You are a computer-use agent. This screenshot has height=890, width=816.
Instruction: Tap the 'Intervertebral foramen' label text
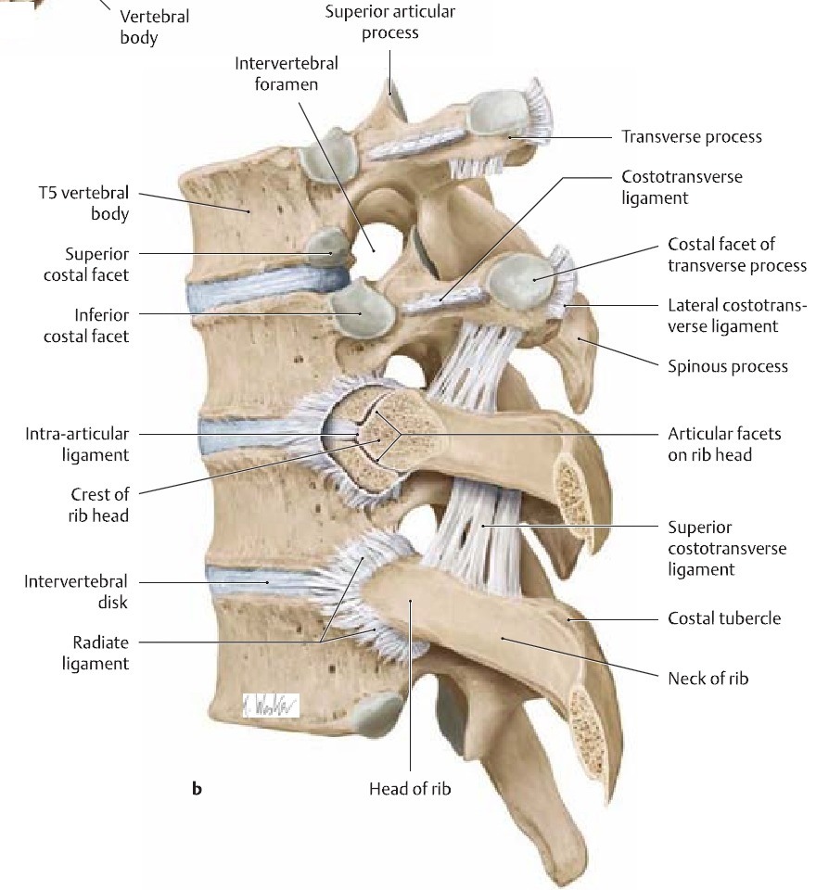tap(287, 73)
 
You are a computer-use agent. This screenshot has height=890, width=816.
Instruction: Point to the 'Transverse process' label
tap(691, 137)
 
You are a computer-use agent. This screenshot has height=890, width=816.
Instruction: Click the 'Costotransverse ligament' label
tap(682, 186)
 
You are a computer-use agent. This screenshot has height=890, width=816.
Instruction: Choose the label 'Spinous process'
tap(728, 366)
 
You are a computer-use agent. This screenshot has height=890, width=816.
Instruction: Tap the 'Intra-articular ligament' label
tap(77, 444)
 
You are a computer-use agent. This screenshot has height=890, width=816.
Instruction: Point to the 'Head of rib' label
tap(410, 790)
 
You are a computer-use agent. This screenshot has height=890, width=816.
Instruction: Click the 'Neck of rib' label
tap(708, 679)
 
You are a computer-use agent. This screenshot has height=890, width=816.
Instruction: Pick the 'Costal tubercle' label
tap(724, 618)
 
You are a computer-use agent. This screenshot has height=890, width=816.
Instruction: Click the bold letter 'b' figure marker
tap(197, 790)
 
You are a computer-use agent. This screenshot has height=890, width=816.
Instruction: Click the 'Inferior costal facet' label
tap(86, 325)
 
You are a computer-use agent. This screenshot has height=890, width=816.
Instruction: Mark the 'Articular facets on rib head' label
tap(724, 444)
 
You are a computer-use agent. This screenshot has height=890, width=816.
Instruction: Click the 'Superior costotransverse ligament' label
tap(727, 549)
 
